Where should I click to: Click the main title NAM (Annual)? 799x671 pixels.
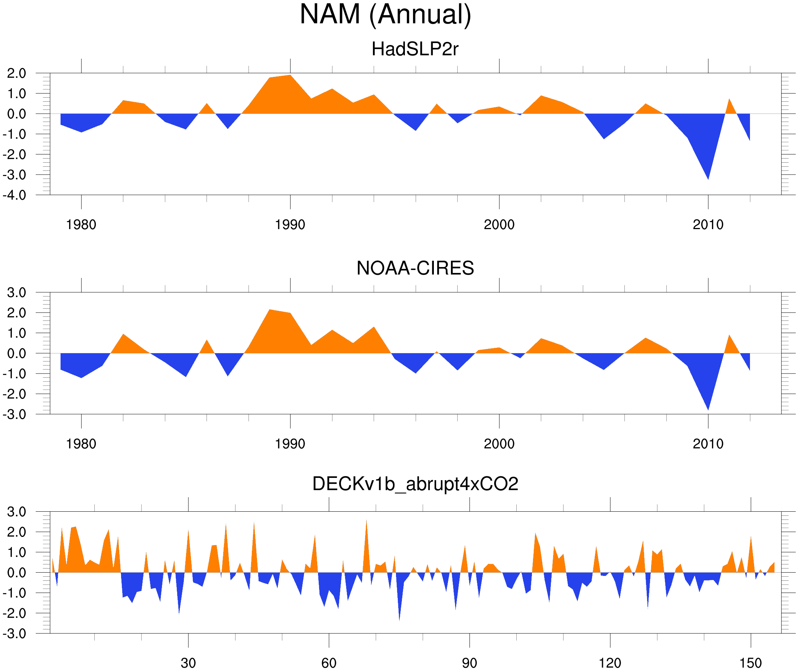[x=385, y=14]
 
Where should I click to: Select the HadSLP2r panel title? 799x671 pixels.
[x=415, y=49]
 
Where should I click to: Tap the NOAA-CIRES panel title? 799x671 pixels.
[x=415, y=268]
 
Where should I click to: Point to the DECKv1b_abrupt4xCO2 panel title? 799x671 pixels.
[x=415, y=484]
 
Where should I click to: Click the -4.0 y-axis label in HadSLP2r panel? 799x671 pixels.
[x=14, y=196]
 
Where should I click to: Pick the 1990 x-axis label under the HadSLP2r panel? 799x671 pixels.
[x=290, y=225]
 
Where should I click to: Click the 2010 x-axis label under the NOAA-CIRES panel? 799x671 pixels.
[x=708, y=444]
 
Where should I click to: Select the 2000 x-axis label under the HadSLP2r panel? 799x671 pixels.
[x=499, y=225]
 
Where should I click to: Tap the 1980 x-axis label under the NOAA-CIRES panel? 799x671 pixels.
[x=81, y=444]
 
